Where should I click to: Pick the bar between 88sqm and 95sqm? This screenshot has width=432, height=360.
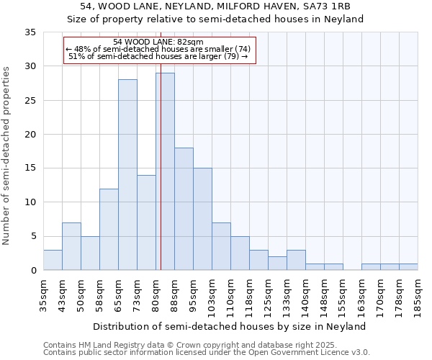[184, 209]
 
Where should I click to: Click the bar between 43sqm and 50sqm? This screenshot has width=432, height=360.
[71, 246]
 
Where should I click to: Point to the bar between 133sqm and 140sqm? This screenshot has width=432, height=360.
[296, 260]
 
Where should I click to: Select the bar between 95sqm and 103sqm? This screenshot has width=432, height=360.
[202, 219]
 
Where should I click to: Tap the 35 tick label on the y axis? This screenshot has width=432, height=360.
[30, 32]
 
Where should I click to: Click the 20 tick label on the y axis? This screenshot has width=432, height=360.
[30, 135]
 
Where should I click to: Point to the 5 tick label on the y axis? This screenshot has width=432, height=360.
[32, 237]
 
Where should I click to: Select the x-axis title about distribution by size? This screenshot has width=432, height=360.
[230, 326]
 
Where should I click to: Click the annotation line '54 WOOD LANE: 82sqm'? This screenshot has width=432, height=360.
[159, 42]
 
